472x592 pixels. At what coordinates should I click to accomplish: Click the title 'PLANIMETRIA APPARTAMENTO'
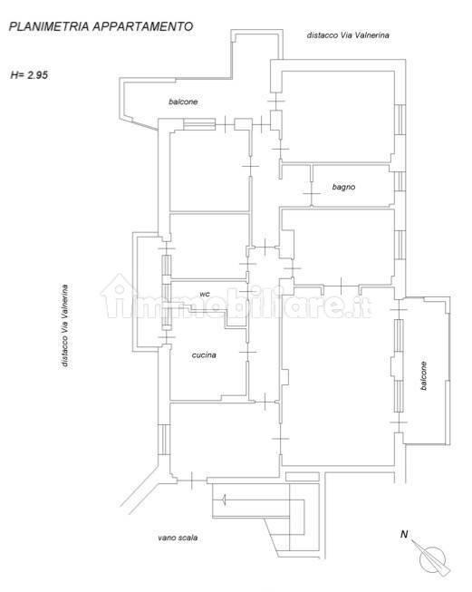[x=101, y=26]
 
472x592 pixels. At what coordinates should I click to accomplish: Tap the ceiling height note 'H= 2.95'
[x=29, y=74]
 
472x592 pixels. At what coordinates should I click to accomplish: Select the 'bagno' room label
[x=343, y=187]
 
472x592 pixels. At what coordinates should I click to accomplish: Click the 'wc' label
[x=205, y=294]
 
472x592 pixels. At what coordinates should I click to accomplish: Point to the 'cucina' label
[x=204, y=354]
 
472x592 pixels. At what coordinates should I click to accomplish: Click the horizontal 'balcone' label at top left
[x=183, y=102]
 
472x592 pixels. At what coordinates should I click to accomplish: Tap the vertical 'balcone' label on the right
[x=423, y=375]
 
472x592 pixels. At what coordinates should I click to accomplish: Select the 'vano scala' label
[x=178, y=538]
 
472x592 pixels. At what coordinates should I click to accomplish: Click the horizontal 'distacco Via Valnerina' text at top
[x=348, y=35]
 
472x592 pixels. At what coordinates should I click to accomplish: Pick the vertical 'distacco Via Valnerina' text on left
[x=65, y=325]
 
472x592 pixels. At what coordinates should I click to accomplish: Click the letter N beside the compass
[x=404, y=534]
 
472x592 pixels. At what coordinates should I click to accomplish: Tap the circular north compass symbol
[x=432, y=559]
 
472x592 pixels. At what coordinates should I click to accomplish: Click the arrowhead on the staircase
[x=224, y=500]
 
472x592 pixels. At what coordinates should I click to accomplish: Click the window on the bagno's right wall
[x=400, y=181]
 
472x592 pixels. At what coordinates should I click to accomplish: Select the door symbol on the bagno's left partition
[x=312, y=193]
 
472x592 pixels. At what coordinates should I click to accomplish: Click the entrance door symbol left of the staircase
[x=192, y=480]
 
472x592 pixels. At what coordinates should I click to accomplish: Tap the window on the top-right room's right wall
[x=400, y=120]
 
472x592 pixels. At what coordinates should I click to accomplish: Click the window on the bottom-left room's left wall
[x=164, y=440]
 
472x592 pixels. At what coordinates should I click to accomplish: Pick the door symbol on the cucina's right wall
[x=247, y=352]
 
